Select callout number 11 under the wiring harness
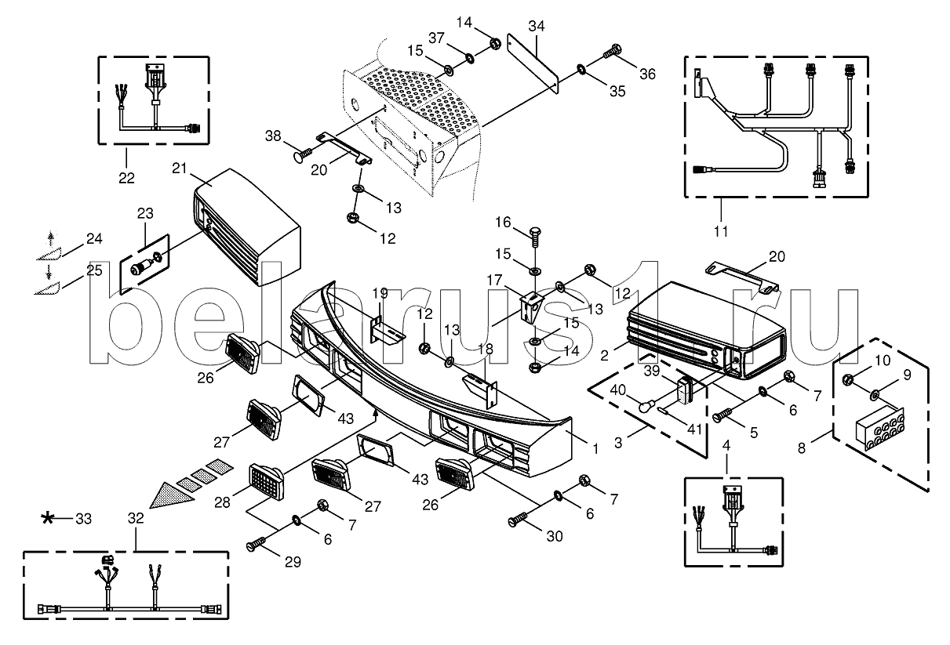coord(721,231)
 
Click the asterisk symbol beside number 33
coord(49,518)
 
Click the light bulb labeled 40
coord(645,408)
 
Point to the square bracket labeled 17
coord(530,307)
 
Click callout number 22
coord(127,177)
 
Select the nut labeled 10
coord(849,380)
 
